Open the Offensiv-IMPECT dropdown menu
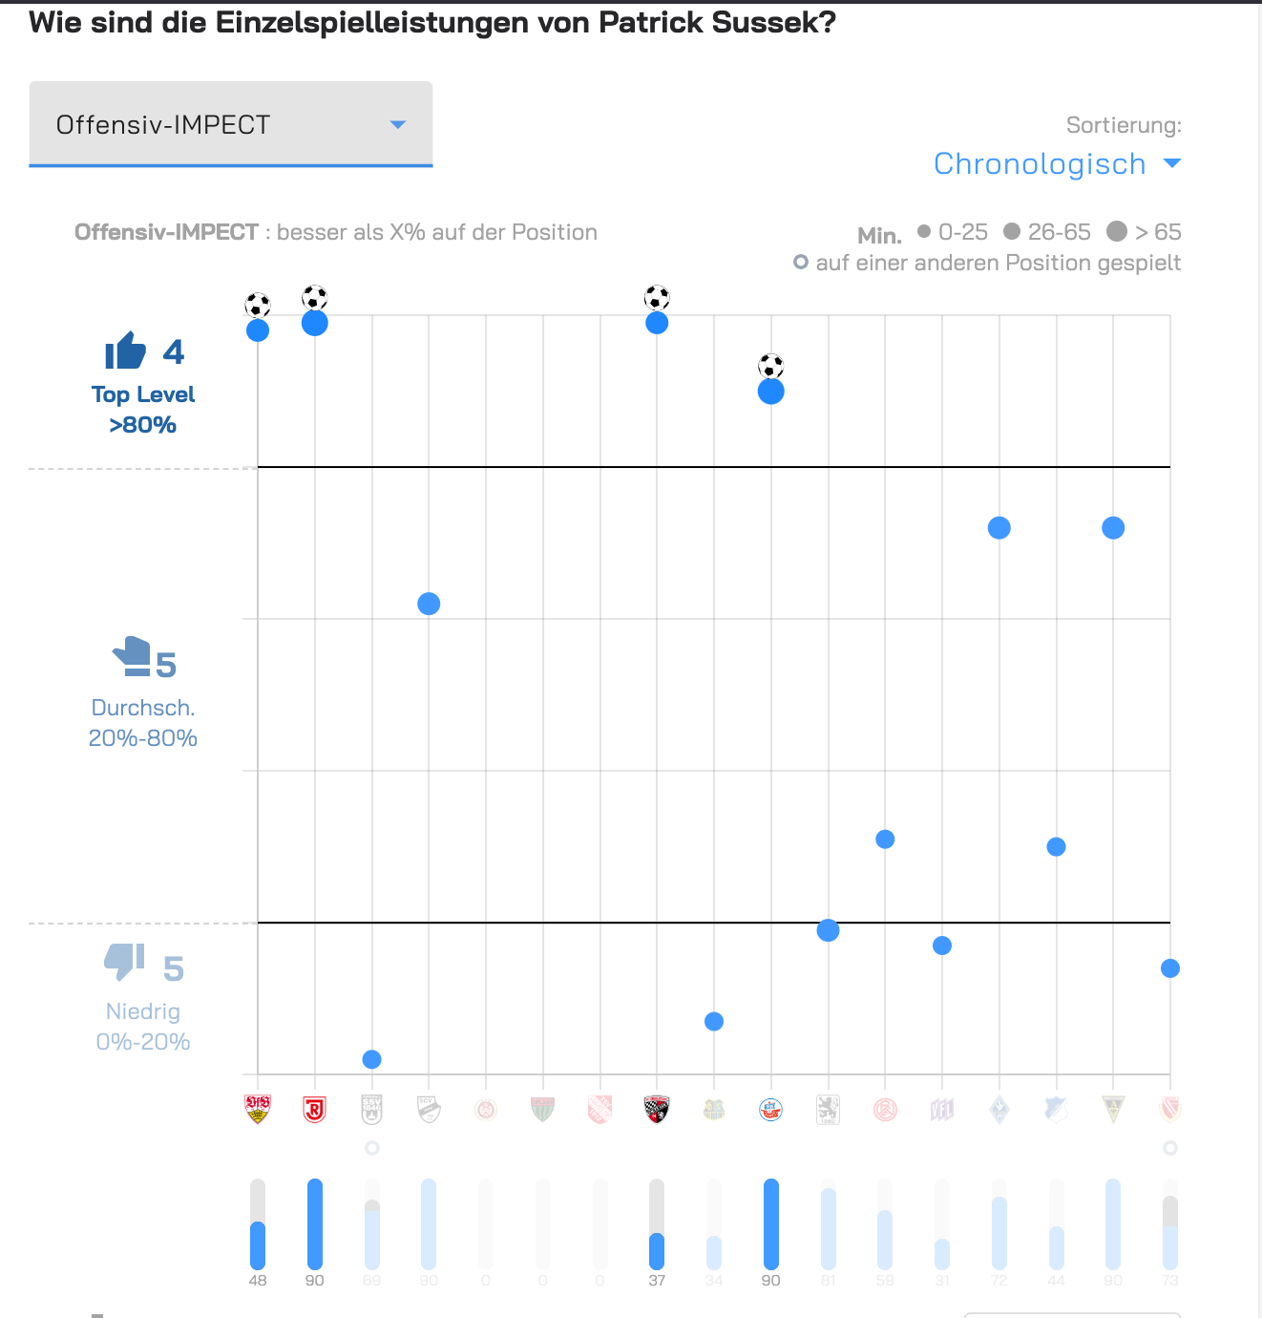coord(230,124)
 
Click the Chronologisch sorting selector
coord(1057,164)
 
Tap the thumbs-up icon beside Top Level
coord(125,351)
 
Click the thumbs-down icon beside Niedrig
coord(124,962)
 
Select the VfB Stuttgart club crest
coord(258,1109)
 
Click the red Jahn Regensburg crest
coord(315,1109)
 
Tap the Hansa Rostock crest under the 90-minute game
coord(771,1109)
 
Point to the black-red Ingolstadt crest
coord(657,1109)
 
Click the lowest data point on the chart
coord(372,1059)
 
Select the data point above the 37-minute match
coord(657,323)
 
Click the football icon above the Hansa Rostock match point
coord(771,366)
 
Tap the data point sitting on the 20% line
coord(829,930)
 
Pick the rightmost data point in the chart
coord(1170,968)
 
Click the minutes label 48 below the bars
coord(258,1281)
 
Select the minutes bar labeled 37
coord(657,1224)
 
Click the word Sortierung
coord(1124,125)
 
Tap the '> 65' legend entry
coord(1144,232)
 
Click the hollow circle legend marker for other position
coord(801,263)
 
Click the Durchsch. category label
coord(143,708)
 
